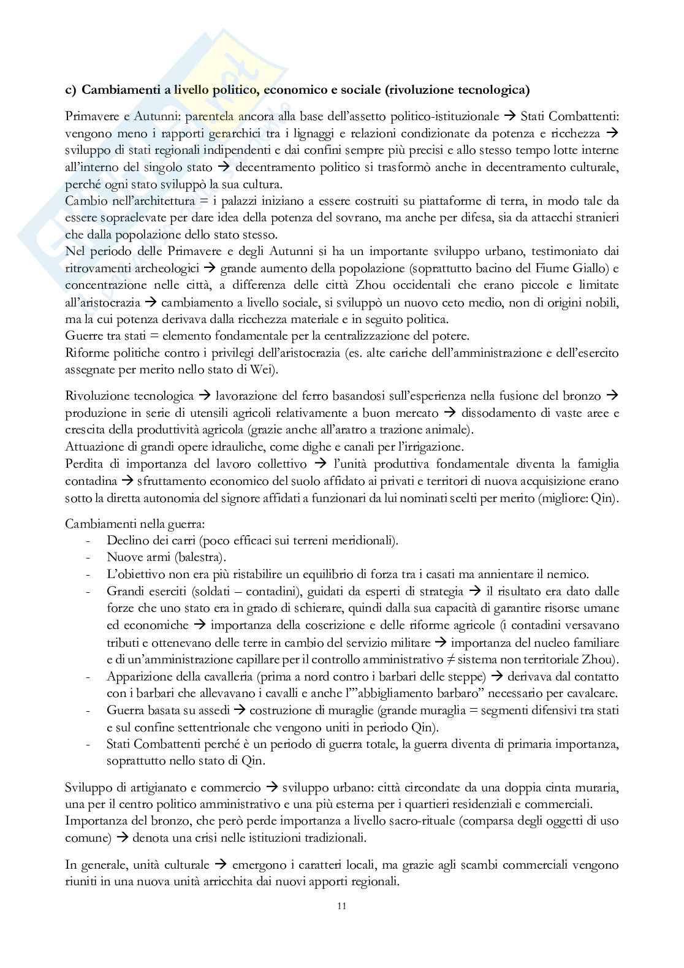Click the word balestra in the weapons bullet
pos(199,557)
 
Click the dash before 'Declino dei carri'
pos(90,541)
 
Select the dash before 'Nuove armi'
pos(90,557)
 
